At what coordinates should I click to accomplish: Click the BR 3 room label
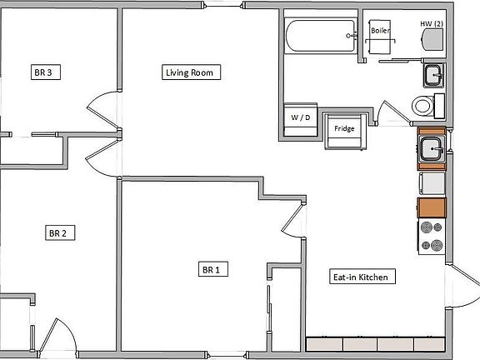(43, 73)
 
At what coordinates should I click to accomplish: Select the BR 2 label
(56, 233)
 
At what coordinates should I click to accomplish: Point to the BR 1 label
(210, 269)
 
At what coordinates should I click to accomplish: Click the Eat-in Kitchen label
(359, 277)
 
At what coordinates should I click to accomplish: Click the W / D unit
(300, 117)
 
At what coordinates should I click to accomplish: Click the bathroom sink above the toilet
(432, 77)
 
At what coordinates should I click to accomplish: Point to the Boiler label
(380, 30)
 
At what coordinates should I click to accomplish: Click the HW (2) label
(431, 23)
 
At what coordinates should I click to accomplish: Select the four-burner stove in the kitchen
(432, 236)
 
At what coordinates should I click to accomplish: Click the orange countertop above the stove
(432, 208)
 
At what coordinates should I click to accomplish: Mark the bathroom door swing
(390, 114)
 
